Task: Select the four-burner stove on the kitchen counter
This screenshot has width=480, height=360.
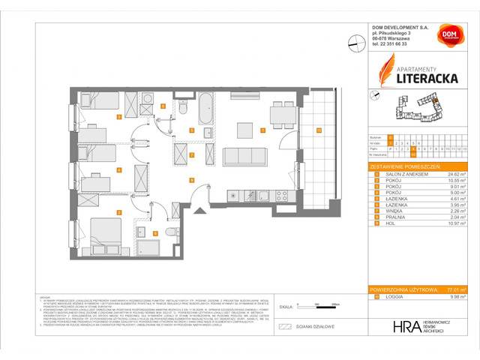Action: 283,196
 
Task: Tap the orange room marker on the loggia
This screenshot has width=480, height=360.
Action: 318,130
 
